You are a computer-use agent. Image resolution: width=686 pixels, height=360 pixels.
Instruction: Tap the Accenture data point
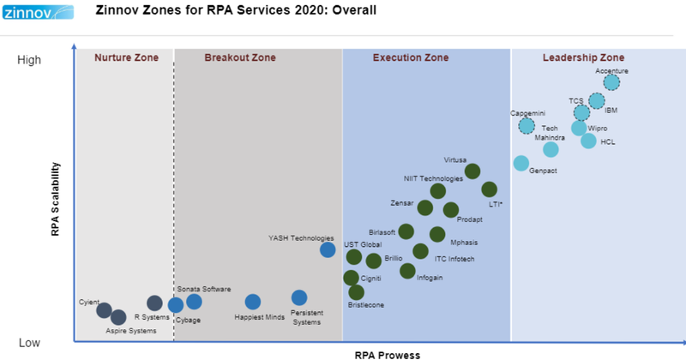611,82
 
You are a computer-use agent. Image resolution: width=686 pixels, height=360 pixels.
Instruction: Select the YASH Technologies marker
328,249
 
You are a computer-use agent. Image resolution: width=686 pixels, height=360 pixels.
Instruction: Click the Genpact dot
521,163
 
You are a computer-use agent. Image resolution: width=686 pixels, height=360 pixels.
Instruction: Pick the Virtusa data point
472,171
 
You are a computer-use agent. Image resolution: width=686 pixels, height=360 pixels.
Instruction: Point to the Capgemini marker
527,126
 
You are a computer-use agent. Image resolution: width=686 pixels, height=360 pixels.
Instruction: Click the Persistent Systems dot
298,297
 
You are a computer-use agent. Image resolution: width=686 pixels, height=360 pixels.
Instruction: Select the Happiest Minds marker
252,302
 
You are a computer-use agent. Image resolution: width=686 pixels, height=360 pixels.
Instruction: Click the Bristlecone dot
356,292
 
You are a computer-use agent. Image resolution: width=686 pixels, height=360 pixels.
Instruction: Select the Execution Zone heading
410,58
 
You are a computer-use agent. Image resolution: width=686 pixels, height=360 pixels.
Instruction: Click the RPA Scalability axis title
55,196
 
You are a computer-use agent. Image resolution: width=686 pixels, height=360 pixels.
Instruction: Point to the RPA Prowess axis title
387,353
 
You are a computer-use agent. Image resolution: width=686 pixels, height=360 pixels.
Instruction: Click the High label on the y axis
29,60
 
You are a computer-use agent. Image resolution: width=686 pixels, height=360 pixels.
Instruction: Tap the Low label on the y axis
29,342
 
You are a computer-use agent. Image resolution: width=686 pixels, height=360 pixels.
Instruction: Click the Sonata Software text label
204,289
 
